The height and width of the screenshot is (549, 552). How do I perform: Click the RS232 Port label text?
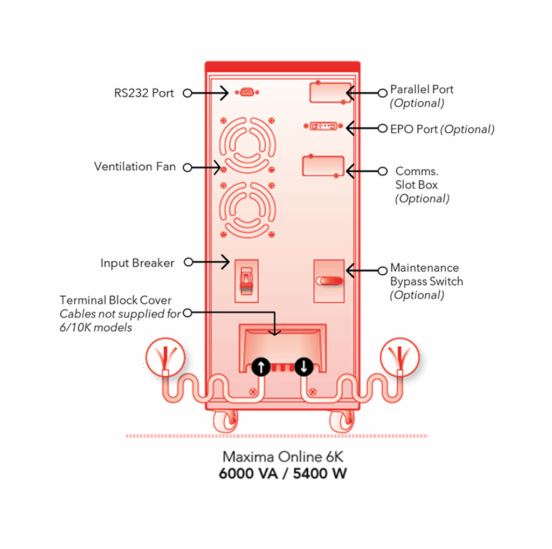pyautogui.click(x=144, y=93)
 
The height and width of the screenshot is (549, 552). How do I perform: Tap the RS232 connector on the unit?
pyautogui.click(x=246, y=93)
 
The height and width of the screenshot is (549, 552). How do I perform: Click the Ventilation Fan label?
pyautogui.click(x=135, y=166)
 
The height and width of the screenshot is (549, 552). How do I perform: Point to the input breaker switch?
pyautogui.click(x=246, y=280)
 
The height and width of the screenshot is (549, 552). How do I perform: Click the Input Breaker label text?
pyautogui.click(x=137, y=263)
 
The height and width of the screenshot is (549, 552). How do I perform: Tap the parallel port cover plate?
pyautogui.click(x=328, y=92)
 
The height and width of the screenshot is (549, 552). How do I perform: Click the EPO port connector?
pyautogui.click(x=323, y=126)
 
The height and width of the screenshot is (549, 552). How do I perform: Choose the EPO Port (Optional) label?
pyautogui.click(x=442, y=129)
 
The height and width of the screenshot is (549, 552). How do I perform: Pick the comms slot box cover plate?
pyautogui.click(x=323, y=166)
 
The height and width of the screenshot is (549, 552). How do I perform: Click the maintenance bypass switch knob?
pyautogui.click(x=329, y=280)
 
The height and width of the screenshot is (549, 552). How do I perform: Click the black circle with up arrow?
pyautogui.click(x=261, y=367)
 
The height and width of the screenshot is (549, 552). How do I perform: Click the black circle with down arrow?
pyautogui.click(x=304, y=367)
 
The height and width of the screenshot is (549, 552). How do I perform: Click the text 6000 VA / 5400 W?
pyautogui.click(x=283, y=474)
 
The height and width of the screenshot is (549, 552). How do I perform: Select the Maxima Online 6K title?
pyautogui.click(x=283, y=457)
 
